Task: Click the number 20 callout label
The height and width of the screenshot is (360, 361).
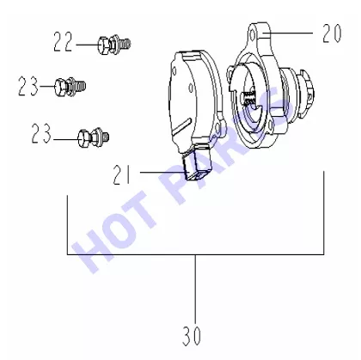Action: (x=332, y=34)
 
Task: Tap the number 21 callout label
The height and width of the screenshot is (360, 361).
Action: (x=122, y=174)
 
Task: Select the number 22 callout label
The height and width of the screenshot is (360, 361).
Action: (x=64, y=42)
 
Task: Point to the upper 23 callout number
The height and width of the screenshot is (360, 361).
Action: (x=28, y=86)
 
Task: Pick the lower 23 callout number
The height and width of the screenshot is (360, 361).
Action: (x=41, y=133)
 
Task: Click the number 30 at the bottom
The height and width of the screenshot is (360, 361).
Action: (x=192, y=335)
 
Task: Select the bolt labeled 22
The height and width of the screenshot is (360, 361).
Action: (x=114, y=45)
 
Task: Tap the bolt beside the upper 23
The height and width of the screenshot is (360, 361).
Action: (x=70, y=87)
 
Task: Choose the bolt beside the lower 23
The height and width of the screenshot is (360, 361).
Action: (x=94, y=137)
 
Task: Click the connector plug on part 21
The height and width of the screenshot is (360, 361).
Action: (x=197, y=165)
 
